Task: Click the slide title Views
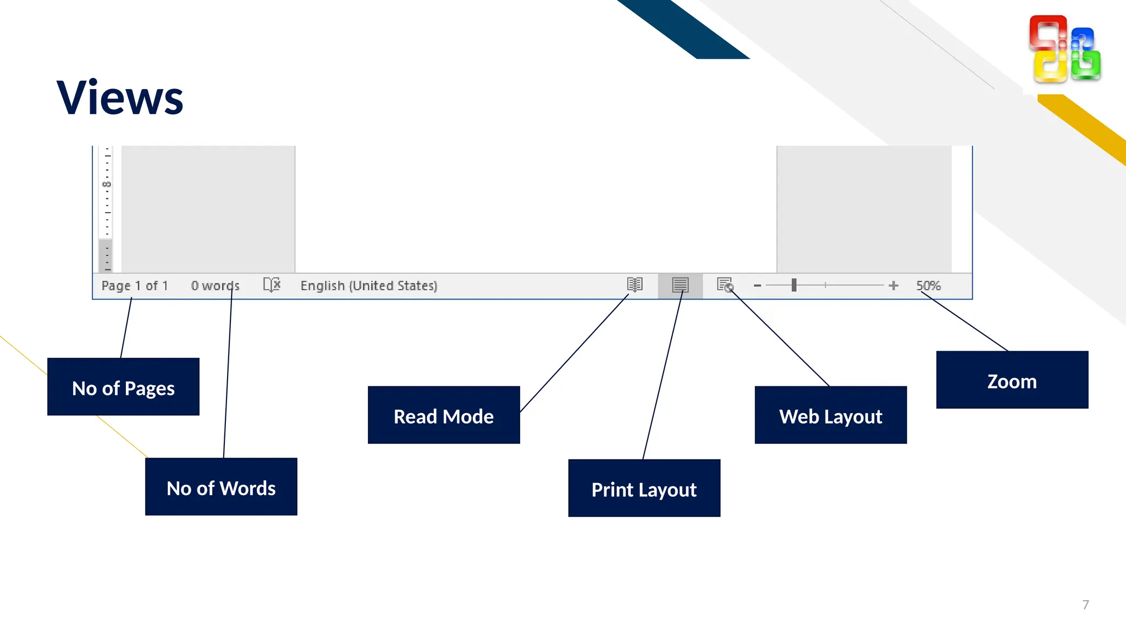[x=120, y=98]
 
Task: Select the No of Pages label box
[x=123, y=387]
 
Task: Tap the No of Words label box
[x=221, y=487]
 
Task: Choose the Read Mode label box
[x=444, y=415]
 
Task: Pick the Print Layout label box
[x=644, y=488]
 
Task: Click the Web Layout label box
[x=830, y=415]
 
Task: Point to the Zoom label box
[x=1012, y=380]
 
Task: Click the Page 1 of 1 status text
[x=135, y=286]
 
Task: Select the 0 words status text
[x=215, y=286]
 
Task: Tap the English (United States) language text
[x=368, y=286]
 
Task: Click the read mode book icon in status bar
[x=634, y=285]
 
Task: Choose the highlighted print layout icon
[x=680, y=285]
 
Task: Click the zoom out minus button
[x=757, y=286]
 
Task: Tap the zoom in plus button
[x=893, y=286]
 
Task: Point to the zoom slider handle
[x=794, y=285]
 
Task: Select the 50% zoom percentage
[x=928, y=286]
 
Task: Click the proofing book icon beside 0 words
[x=272, y=285]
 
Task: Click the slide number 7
[x=1085, y=604]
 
